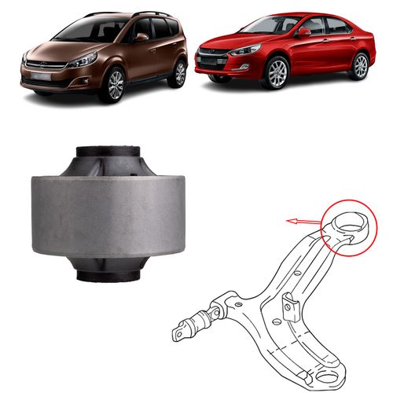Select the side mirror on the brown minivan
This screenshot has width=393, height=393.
[x=141, y=37]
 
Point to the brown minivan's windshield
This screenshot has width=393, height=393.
[x=90, y=30]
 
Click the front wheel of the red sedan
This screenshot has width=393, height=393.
[x=278, y=73]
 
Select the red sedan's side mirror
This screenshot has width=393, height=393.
[x=303, y=33]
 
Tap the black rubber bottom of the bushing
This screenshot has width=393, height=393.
[x=110, y=275]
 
